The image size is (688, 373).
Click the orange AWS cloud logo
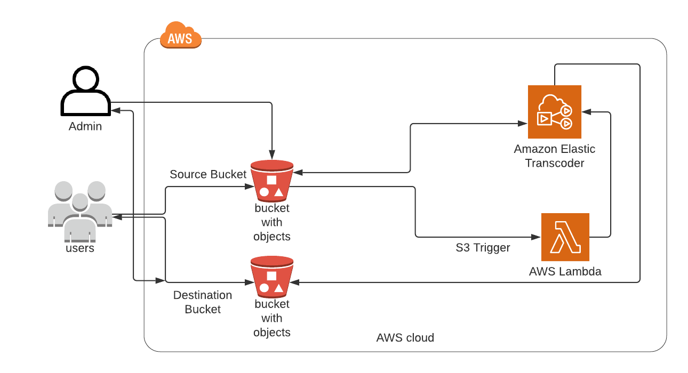tap(180, 36)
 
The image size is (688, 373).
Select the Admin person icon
tap(85, 92)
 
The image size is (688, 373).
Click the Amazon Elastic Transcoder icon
tap(554, 111)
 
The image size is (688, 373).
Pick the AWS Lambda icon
tap(565, 237)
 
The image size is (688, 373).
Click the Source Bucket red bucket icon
tap(271, 181)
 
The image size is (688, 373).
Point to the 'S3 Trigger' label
tap(482, 248)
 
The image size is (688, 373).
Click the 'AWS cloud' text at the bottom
tap(405, 338)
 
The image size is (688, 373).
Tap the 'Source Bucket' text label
tap(208, 174)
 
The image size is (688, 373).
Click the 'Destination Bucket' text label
tap(203, 302)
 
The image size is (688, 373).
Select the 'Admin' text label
tap(85, 127)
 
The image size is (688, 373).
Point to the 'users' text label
tap(80, 248)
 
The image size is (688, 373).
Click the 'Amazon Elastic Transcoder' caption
tap(554, 156)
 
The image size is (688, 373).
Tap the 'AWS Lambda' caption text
tap(565, 271)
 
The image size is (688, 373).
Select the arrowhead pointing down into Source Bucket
tap(272, 156)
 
